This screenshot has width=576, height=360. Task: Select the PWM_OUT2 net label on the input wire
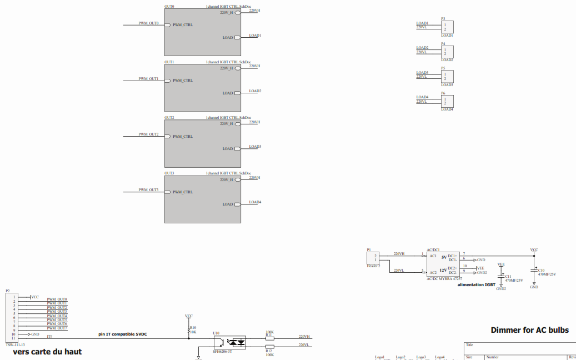148,134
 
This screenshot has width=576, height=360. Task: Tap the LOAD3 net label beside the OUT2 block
255,147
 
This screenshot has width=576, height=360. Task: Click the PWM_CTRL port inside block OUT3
182,192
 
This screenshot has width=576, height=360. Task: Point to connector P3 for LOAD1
447,27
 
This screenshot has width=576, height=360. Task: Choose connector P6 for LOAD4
447,101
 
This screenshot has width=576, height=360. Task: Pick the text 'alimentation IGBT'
476,284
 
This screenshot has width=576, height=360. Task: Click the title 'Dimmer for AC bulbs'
529,330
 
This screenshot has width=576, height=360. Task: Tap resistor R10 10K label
193,329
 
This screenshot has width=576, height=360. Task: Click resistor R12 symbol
269,346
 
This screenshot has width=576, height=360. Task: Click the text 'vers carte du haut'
47,352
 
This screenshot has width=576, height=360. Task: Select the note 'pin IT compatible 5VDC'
123,334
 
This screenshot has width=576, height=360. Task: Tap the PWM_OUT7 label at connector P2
57,328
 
